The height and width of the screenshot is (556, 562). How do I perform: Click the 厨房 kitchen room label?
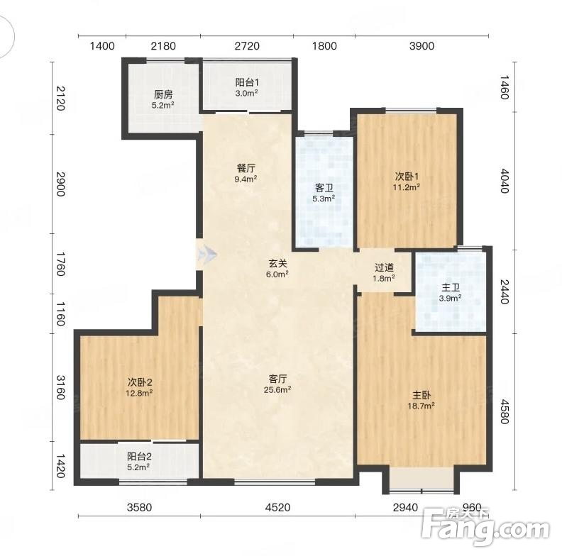click(163, 94)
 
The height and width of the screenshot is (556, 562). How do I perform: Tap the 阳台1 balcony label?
click(247, 82)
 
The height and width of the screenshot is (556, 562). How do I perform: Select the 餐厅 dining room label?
click(246, 168)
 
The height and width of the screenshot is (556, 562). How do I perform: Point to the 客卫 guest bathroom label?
click(324, 187)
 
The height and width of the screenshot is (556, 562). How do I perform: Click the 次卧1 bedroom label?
click(407, 176)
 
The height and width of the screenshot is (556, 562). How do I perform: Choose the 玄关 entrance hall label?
click(277, 263)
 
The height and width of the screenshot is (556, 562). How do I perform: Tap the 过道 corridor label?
click(384, 267)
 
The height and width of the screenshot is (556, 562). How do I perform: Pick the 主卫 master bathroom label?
click(450, 287)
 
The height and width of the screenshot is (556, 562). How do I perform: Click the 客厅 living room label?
click(277, 379)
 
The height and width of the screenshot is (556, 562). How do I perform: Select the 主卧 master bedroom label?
click(421, 395)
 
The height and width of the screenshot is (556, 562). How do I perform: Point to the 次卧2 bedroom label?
click(139, 382)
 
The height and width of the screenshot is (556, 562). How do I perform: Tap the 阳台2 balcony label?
click(139, 457)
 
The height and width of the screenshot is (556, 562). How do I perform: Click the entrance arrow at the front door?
click(206, 255)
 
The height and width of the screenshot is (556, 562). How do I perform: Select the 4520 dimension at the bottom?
click(277, 507)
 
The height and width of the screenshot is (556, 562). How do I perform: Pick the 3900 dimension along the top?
click(422, 46)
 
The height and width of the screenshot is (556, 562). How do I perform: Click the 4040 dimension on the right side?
click(505, 181)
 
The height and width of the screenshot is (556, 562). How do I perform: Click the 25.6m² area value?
click(277, 389)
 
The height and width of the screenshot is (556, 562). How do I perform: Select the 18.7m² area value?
click(421, 406)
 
